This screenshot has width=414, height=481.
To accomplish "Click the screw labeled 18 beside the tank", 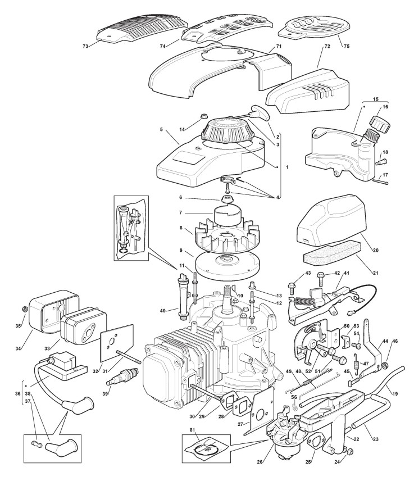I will click(x=377, y=162).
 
